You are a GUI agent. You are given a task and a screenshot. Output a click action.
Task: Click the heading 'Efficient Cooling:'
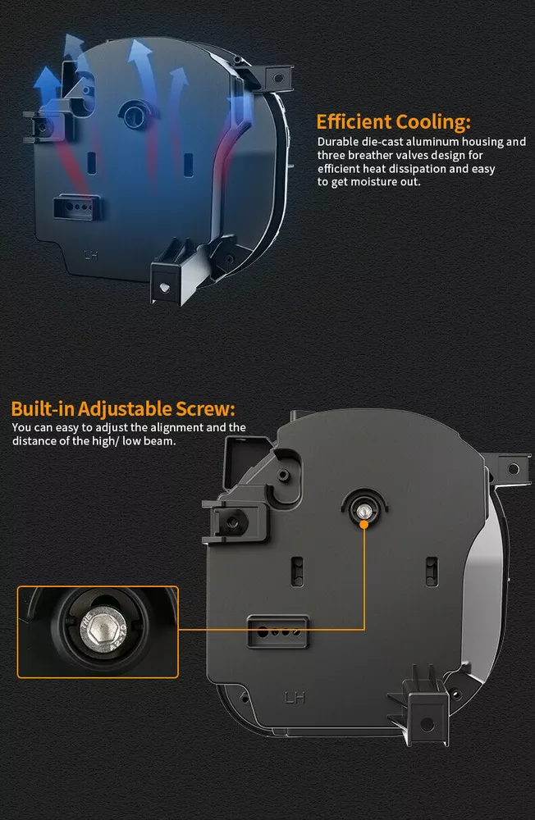(x=394, y=122)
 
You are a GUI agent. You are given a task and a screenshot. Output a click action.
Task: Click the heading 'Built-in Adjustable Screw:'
(x=123, y=408)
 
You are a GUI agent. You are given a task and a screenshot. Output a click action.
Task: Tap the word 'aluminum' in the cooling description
(x=432, y=142)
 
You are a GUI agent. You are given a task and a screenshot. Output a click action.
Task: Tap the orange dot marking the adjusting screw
(x=364, y=523)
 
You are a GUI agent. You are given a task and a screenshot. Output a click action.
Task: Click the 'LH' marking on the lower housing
(x=295, y=697)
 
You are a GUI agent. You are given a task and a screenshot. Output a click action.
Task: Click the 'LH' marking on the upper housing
(x=90, y=255)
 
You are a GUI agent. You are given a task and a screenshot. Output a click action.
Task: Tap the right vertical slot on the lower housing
(x=432, y=571)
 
